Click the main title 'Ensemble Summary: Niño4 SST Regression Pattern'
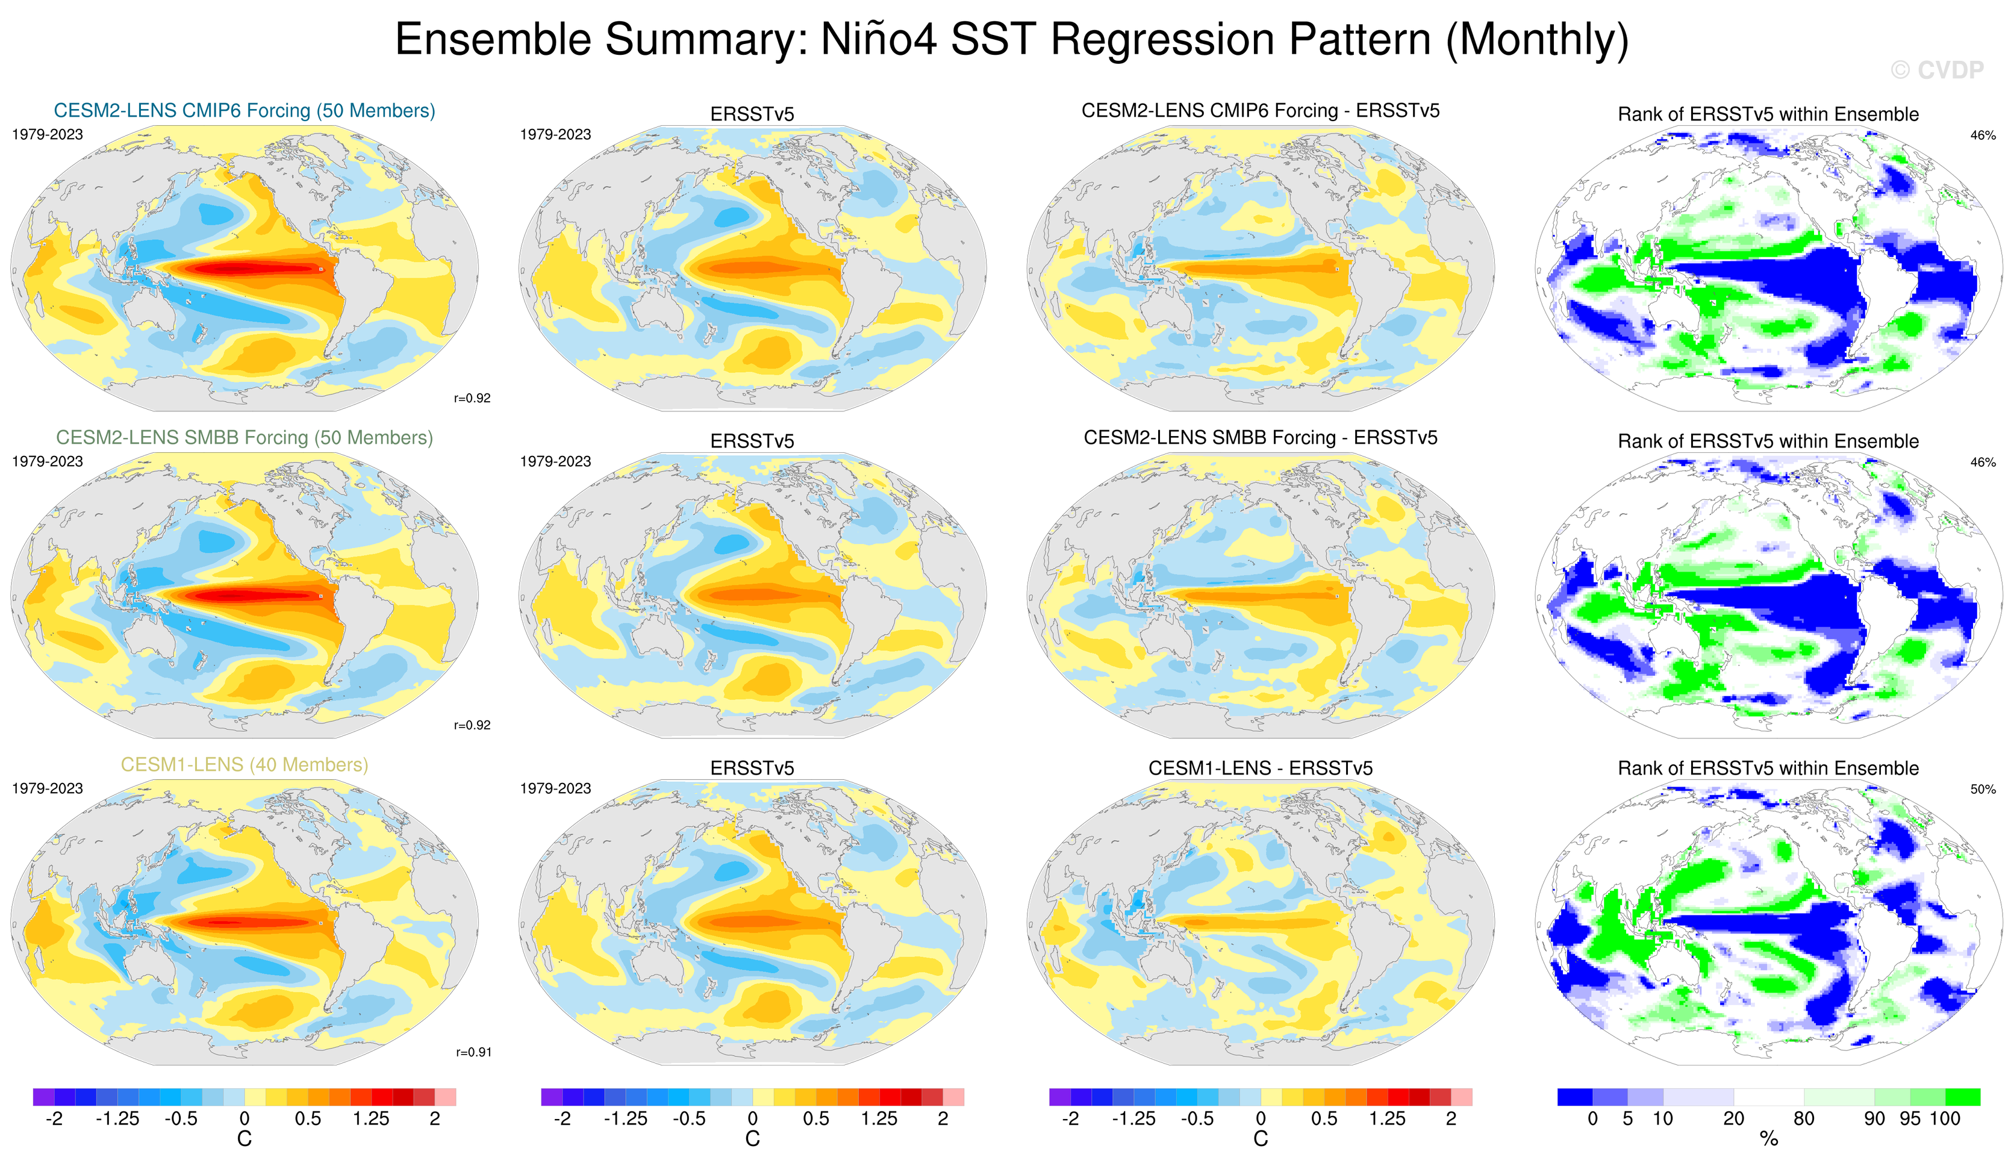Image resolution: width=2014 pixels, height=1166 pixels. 1011,39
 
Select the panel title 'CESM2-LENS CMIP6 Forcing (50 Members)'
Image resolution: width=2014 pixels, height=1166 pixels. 245,110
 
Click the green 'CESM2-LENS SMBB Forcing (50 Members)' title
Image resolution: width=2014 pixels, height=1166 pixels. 245,437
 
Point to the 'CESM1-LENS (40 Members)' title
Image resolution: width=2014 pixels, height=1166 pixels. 245,764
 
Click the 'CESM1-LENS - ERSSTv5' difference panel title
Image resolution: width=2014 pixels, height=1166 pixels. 1261,767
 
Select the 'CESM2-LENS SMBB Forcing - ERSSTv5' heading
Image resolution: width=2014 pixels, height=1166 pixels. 1261,437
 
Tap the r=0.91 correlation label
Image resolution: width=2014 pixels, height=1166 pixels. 473,1052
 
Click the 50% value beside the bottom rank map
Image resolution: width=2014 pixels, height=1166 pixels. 1983,789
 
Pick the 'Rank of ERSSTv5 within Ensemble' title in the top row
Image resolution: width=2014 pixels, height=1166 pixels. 1768,114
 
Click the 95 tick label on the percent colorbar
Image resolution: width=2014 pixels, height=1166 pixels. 1910,1118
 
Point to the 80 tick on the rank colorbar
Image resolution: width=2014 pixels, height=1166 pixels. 1804,1118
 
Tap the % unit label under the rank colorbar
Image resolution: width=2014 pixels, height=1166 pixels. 1769,1139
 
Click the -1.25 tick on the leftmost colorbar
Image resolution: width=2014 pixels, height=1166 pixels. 117,1118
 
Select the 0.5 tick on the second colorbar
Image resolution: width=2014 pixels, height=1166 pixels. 816,1118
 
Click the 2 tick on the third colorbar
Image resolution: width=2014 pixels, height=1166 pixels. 1450,1118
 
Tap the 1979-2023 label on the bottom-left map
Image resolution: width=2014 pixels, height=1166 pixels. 47,788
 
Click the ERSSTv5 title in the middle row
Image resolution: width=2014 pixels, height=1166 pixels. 752,440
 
